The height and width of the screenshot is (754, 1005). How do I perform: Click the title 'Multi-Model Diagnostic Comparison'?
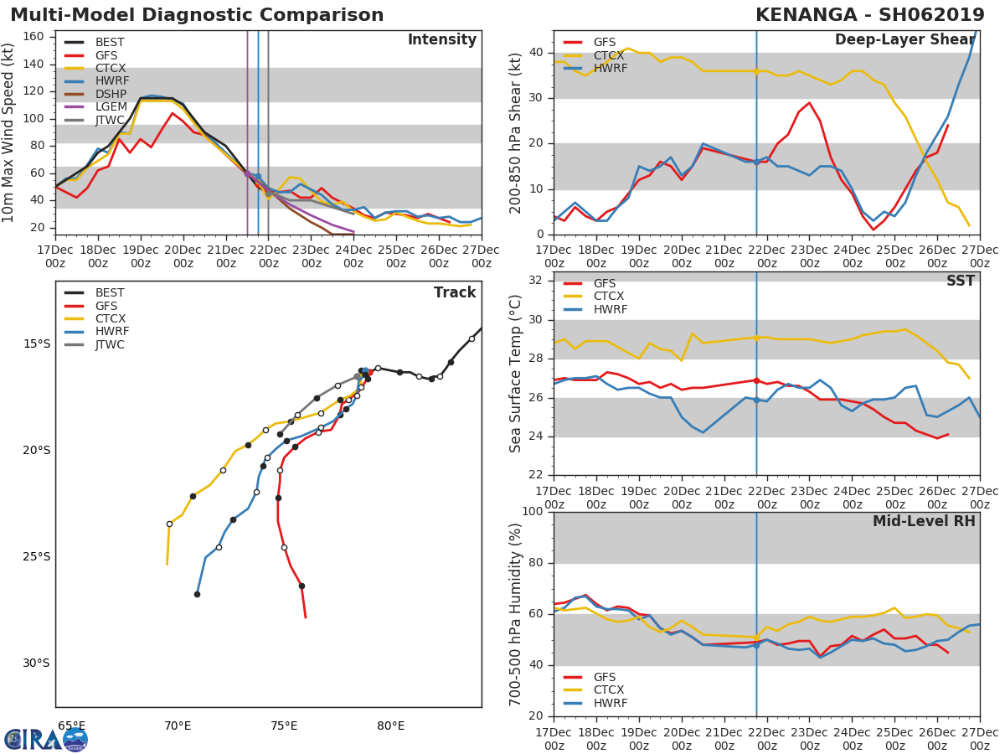[197, 15]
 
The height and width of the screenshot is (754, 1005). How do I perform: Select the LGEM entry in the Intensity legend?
[111, 106]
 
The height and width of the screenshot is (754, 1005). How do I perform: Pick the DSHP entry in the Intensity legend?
[111, 94]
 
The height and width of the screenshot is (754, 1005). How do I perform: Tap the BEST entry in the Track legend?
[110, 293]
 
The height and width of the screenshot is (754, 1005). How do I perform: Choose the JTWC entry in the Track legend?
[110, 344]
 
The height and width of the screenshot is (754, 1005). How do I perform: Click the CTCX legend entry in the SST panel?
[609, 297]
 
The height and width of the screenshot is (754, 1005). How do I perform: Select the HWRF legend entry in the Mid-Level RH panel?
[610, 703]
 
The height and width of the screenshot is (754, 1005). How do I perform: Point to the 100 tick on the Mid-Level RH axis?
[531, 512]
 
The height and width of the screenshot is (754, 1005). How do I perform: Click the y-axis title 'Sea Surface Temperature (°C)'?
[516, 373]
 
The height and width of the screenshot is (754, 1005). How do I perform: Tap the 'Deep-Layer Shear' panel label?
[904, 40]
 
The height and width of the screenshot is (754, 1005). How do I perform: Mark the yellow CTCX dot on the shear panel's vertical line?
[756, 71]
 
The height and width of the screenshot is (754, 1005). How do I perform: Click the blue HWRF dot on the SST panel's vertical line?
[756, 400]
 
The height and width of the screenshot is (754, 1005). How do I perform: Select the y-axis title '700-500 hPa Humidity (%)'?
[516, 613]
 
